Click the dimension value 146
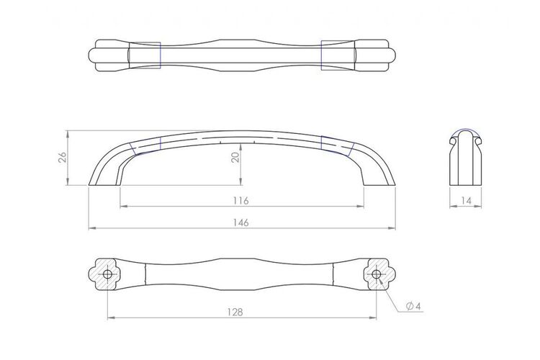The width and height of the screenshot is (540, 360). pos(240,222)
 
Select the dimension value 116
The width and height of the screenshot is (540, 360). pos(240,200)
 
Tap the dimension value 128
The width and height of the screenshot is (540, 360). pos(235,312)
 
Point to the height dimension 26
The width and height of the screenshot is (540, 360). pos(63,158)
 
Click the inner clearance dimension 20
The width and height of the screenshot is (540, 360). pos(235,158)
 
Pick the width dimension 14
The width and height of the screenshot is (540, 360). pos(466,201)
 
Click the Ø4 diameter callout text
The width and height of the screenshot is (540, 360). pos(413,306)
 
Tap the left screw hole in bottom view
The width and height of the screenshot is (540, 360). pos(107,274)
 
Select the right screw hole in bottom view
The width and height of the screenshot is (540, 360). pos(377,274)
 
